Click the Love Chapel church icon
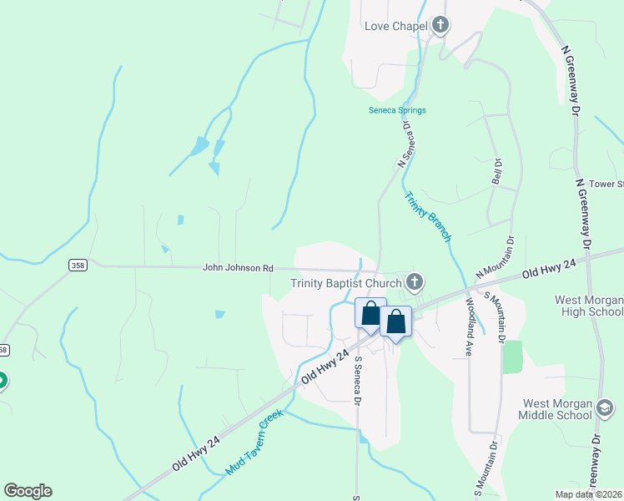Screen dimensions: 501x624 pos(440,26)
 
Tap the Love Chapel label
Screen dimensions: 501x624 pos(396,26)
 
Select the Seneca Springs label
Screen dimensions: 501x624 pos(398,110)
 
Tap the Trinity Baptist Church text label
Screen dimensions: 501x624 pos(346,283)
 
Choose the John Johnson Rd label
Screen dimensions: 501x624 pos(238,268)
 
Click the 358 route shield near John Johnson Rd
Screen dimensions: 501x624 pos(78,265)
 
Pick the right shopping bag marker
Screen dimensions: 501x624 pos(396,321)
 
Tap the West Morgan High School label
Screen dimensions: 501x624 pos(589,306)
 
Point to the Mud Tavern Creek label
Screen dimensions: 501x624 pos(254,443)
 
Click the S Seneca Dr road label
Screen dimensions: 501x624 pos(357,381)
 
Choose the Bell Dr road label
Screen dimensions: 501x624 pos(497,172)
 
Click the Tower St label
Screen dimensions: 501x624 pos(607,184)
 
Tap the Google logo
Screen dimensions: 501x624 pos(28,491)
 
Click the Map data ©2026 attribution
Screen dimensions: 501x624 pos(587,494)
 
